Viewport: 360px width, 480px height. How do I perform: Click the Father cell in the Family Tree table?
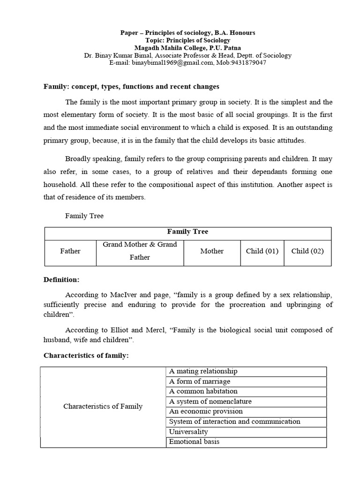click(x=70, y=251)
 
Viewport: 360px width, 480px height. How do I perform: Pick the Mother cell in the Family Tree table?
click(x=212, y=251)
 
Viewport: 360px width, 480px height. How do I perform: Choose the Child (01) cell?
click(x=262, y=251)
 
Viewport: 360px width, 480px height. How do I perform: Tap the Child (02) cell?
click(x=307, y=251)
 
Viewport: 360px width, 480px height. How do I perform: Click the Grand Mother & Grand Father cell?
click(x=140, y=251)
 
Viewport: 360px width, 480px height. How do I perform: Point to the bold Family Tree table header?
click(x=187, y=232)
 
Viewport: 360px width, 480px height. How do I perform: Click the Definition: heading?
click(x=61, y=280)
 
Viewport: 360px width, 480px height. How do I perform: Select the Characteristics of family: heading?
click(x=86, y=356)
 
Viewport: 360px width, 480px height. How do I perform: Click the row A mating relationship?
click(x=203, y=371)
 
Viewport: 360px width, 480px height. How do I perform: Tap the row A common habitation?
click(x=203, y=391)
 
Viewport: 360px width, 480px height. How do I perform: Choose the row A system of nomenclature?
click(x=210, y=402)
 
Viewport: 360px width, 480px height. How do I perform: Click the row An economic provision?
click(x=206, y=412)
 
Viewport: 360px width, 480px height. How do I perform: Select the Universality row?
click(x=188, y=432)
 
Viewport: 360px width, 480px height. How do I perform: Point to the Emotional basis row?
click(x=194, y=442)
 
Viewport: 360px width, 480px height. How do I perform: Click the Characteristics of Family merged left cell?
click(x=103, y=406)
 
